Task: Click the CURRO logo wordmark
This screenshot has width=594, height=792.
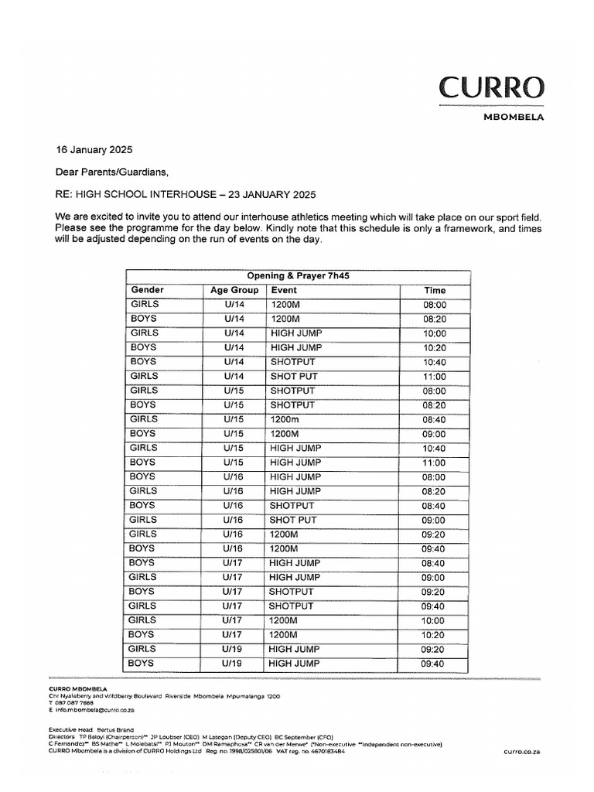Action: tap(491, 87)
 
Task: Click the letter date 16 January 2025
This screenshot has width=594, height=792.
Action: tap(88, 149)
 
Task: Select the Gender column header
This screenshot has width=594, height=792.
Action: tap(147, 290)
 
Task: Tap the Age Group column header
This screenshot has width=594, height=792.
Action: tap(234, 290)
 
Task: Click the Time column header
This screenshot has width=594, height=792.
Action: tap(435, 290)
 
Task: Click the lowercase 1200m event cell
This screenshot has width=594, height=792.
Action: tap(284, 419)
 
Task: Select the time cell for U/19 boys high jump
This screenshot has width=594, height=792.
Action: tap(433, 664)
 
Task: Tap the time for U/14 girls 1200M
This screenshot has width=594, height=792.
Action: tap(434, 305)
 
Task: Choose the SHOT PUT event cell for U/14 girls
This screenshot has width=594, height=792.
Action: tap(293, 376)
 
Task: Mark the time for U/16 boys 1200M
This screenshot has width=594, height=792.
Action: tap(433, 549)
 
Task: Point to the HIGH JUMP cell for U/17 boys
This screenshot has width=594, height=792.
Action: tap(295, 563)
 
